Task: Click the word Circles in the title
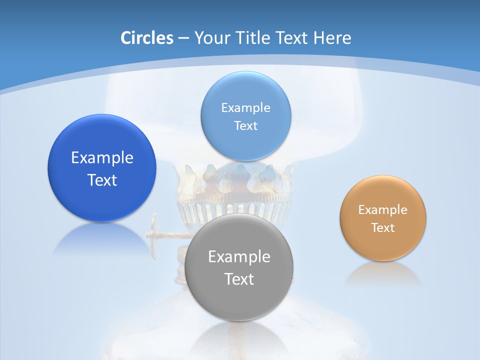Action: coord(147,38)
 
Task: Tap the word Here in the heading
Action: coord(331,38)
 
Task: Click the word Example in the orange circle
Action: coord(383,209)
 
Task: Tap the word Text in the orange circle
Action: coord(383,227)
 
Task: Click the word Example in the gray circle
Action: coord(239,256)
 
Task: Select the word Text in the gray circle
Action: coord(239,278)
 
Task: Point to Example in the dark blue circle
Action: coord(102,157)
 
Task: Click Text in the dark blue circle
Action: coord(102,180)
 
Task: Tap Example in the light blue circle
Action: coord(245,107)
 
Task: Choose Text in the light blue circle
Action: coord(245,125)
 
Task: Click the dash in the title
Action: coord(183,38)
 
